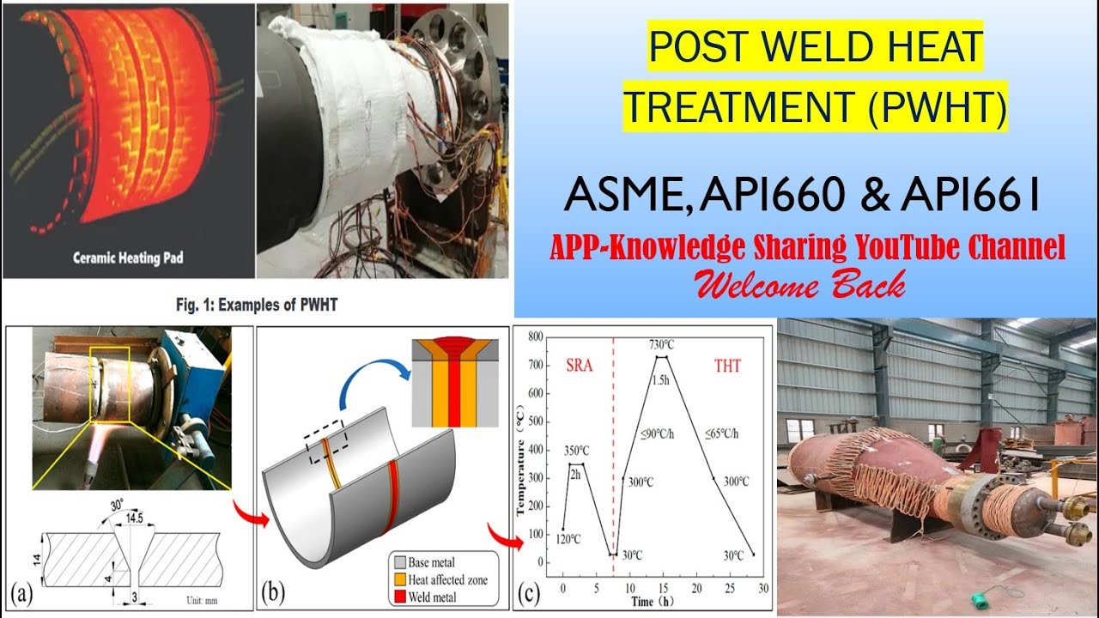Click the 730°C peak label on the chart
coord(660,344)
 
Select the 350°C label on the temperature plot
coord(576,451)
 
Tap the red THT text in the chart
coord(726,366)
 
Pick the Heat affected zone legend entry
coord(444,580)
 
